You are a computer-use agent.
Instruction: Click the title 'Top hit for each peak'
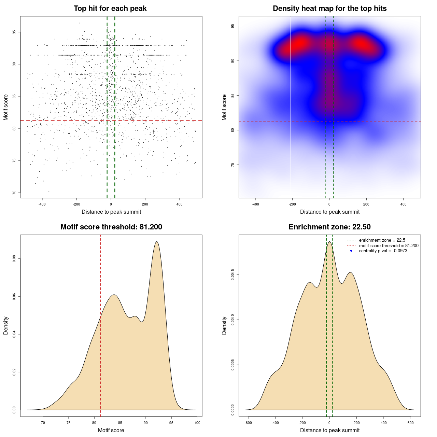110,9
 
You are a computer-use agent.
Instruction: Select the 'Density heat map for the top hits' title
330,9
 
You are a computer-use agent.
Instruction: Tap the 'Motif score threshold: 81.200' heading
111,227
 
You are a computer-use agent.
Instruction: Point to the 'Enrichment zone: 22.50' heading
329,227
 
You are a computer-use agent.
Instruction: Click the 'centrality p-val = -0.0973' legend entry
383,251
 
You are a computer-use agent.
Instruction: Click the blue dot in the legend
351,251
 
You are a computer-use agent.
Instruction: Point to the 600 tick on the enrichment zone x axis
411,423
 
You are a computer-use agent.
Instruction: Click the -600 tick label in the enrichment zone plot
248,423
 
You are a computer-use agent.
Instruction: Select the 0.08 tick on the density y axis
14,259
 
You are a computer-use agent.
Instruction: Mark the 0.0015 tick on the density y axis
233,275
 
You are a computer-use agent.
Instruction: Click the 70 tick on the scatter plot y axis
14,193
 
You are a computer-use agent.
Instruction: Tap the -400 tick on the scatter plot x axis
42,204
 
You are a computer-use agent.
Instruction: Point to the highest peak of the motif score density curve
157,242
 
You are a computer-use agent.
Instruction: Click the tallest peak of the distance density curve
329,242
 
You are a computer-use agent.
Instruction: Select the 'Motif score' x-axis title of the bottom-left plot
111,430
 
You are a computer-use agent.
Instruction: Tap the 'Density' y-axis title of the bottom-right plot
224,325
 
